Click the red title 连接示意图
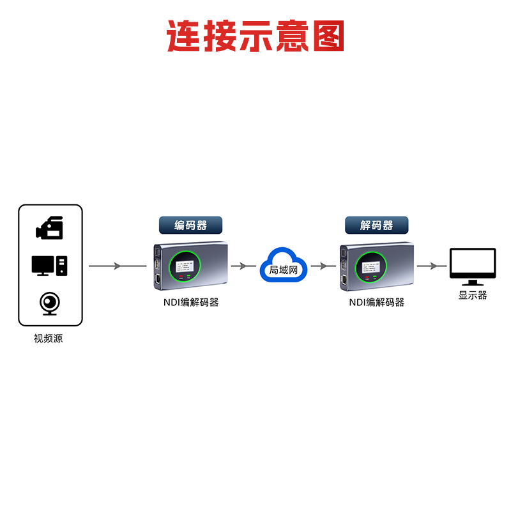point(256,36)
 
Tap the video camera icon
point(50,228)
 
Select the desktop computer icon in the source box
point(50,265)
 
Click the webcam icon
point(50,303)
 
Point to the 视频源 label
point(49,339)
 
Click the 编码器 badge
point(191,225)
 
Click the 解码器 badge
point(376,225)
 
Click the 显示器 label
point(473,295)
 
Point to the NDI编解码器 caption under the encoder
point(190,302)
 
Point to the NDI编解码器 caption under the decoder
point(376,302)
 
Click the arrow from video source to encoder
point(118,266)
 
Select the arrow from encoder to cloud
point(243,266)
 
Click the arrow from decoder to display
point(432,266)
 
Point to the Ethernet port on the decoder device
point(344,280)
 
